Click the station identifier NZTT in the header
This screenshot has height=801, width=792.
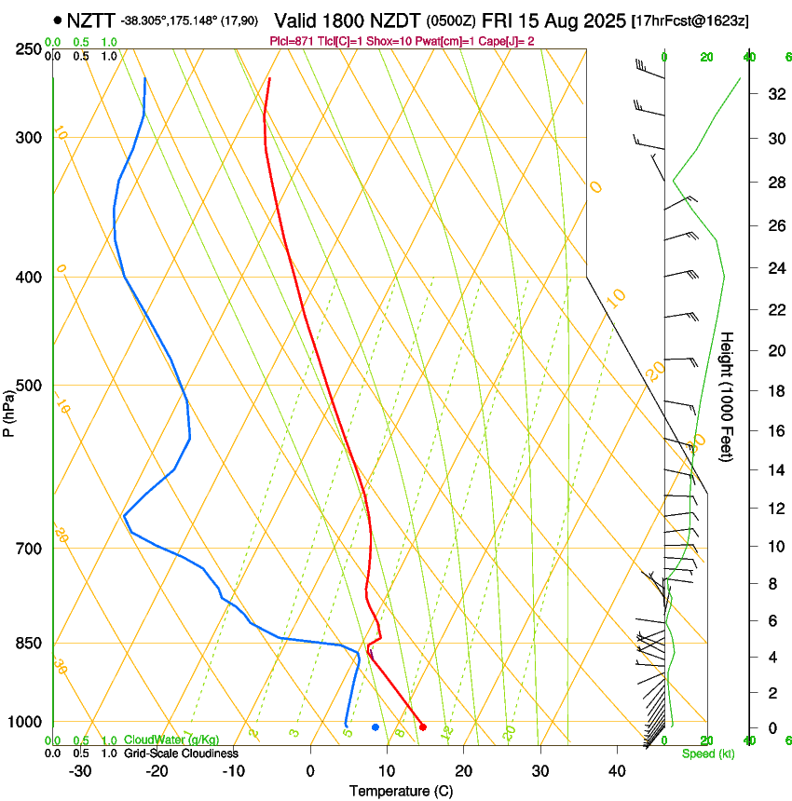[91, 20]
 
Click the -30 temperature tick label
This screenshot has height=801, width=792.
[80, 770]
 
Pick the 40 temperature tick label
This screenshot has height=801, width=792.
[616, 770]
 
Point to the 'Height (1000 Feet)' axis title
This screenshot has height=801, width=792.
[727, 396]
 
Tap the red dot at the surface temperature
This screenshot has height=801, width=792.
[423, 726]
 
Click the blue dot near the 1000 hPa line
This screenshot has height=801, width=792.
[376, 726]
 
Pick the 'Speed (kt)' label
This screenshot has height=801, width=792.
[707, 753]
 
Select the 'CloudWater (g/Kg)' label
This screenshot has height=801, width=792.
[172, 740]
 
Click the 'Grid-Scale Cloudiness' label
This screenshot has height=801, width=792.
[182, 753]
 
